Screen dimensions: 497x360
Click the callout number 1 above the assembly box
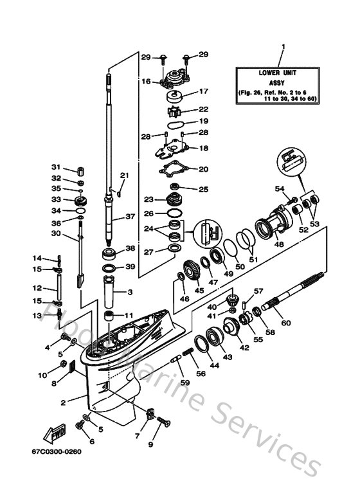282,47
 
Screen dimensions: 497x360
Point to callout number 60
286,323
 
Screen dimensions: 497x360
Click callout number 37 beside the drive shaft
130,216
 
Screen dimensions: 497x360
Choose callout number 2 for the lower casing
64,403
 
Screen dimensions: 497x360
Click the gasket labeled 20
173,170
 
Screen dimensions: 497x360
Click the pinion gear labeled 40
230,299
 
